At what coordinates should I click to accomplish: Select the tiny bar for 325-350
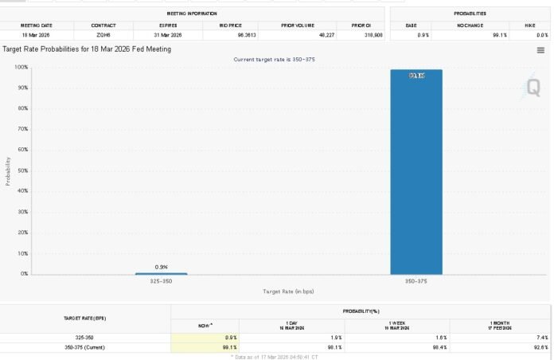pyautogui.click(x=161, y=273)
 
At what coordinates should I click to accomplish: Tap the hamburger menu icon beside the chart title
pyautogui.click(x=541, y=50)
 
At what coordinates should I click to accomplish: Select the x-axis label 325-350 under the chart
pyautogui.click(x=161, y=281)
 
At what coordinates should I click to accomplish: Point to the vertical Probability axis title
pyautogui.click(x=8, y=170)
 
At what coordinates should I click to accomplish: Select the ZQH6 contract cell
pyautogui.click(x=103, y=35)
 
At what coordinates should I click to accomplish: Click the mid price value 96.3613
pyautogui.click(x=230, y=35)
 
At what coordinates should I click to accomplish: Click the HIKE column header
pyautogui.click(x=530, y=25)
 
